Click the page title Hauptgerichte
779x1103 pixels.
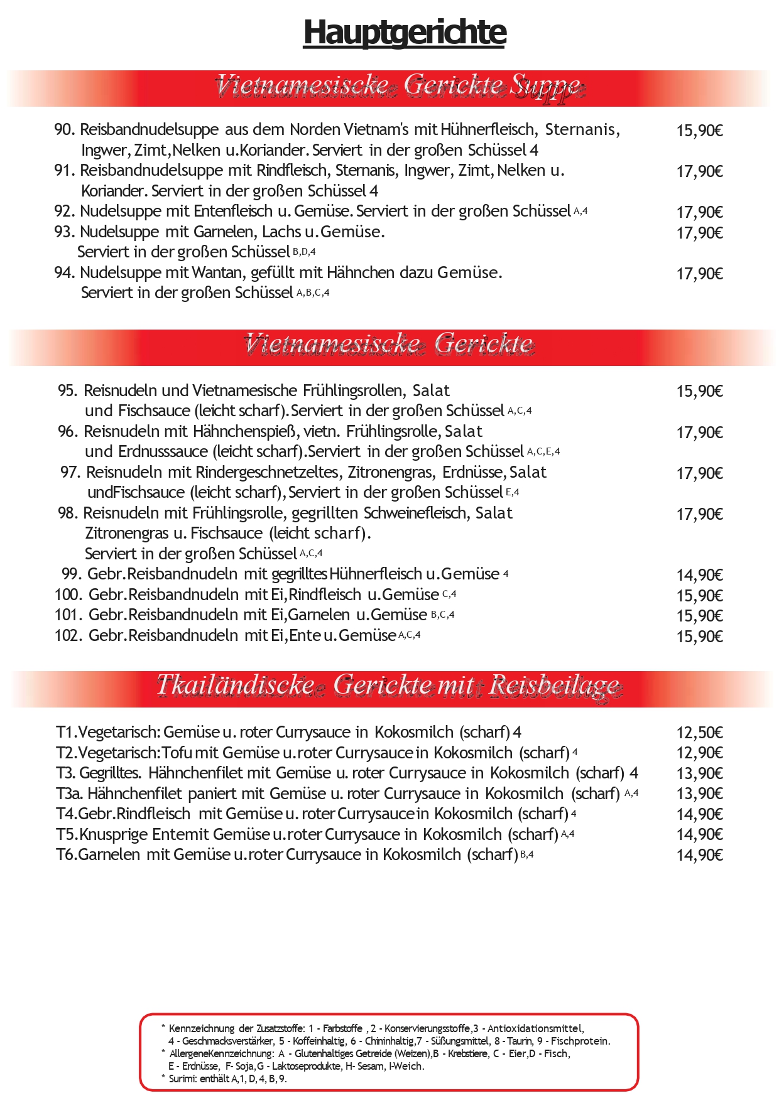pos(405,33)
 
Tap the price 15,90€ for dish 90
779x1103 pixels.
pos(699,131)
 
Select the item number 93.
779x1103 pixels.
pos(65,232)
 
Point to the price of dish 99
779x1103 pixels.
pos(699,575)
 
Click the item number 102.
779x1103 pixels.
pos(68,636)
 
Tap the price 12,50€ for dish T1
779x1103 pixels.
pos(699,733)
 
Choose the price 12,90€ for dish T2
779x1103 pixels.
pos(699,753)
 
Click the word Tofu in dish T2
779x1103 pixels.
pos(177,753)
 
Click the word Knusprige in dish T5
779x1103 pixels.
pos(114,835)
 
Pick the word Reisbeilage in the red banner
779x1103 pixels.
pos(555,686)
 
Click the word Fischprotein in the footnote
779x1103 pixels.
pos(580,1041)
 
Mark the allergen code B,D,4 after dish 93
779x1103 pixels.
pos(304,252)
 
